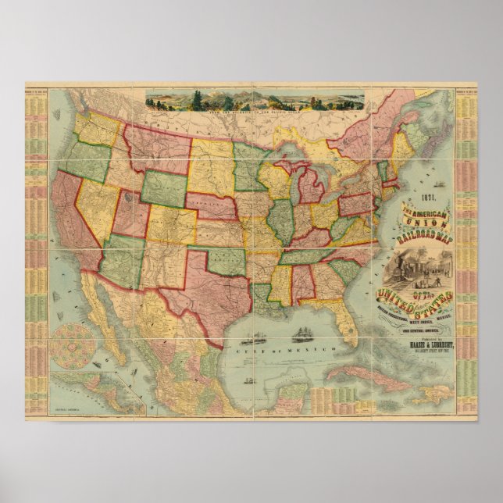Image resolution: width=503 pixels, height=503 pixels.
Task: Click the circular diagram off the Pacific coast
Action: coord(72,344)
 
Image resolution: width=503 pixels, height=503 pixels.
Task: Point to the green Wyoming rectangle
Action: coord(163,187)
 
